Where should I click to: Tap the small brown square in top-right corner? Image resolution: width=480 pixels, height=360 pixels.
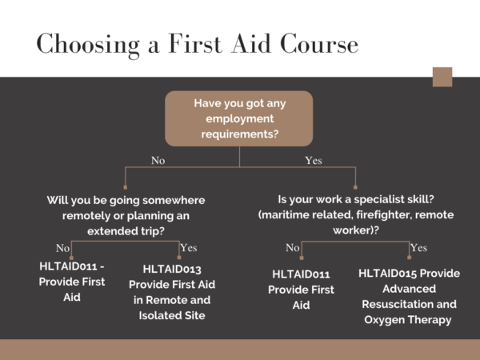[x=442, y=77]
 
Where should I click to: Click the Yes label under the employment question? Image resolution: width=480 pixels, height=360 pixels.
[x=314, y=161]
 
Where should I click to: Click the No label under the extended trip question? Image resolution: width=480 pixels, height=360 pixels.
[x=62, y=247]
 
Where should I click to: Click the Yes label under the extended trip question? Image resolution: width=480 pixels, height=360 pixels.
[x=189, y=247]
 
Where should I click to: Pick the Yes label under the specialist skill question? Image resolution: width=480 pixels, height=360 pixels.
[x=418, y=248]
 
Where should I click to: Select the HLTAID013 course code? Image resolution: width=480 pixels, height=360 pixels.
[x=172, y=270]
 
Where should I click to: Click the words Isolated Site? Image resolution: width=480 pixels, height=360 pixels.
[x=172, y=315]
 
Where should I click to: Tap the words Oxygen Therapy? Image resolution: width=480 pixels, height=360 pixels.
[x=410, y=319]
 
